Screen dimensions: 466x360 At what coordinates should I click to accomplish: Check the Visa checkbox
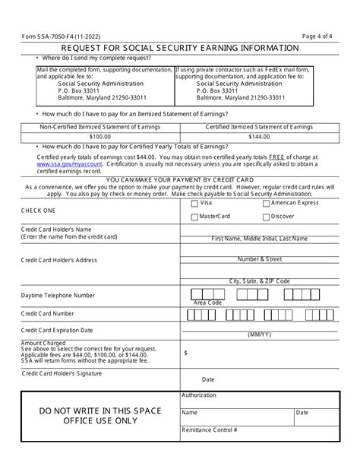195,204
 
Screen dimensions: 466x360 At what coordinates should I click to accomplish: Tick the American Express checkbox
266,204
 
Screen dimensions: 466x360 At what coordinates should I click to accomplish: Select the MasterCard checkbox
195,217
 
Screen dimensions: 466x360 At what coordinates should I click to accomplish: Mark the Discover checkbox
266,217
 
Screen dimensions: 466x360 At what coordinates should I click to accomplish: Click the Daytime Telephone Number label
58,295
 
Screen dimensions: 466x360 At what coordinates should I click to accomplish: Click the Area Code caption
207,303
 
